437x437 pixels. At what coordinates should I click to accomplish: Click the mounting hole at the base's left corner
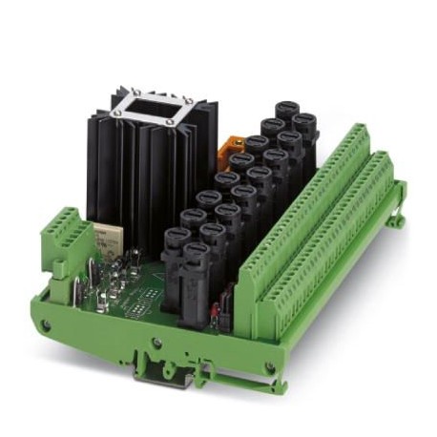pos(44,325)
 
